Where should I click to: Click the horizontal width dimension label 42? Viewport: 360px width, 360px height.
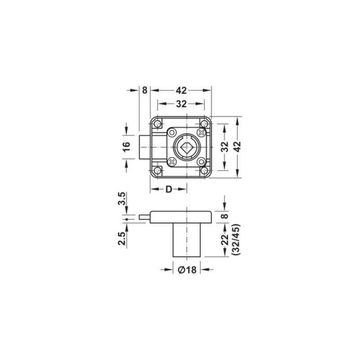pyautogui.click(x=181, y=91)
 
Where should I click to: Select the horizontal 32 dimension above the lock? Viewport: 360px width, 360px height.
pyautogui.click(x=181, y=104)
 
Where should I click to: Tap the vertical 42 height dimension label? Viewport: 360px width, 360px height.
pyautogui.click(x=238, y=147)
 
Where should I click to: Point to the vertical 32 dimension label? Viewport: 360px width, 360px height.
pyautogui.click(x=225, y=147)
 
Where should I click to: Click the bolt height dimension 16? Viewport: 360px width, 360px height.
pyautogui.click(x=127, y=147)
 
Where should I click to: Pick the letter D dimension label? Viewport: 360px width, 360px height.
pyautogui.click(x=169, y=189)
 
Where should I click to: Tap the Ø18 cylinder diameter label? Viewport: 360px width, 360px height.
pyautogui.click(x=187, y=270)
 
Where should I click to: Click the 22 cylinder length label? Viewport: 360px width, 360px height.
pyautogui.click(x=225, y=239)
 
